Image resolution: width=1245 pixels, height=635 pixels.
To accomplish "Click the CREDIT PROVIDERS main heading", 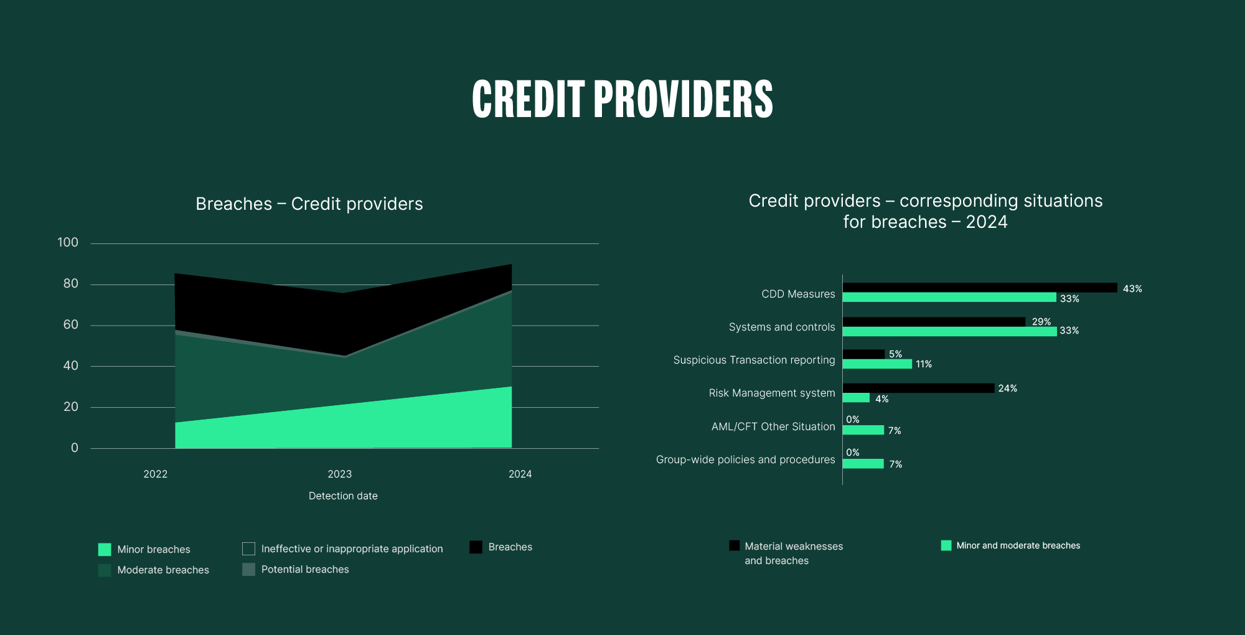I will click(622, 99).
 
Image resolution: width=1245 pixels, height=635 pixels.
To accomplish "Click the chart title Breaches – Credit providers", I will click(309, 204).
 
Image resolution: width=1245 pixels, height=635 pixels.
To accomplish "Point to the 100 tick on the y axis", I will click(68, 243).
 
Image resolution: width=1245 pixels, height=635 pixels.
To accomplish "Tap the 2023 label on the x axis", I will click(340, 474).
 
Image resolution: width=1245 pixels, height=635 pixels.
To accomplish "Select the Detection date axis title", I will click(343, 496).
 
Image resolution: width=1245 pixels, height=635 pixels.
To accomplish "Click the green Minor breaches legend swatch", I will click(105, 550).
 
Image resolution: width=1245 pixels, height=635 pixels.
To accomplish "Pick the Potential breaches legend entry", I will click(304, 570).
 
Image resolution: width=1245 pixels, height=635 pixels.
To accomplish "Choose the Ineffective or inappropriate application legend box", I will click(248, 548).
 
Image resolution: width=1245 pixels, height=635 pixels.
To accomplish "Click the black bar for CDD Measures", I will click(979, 288).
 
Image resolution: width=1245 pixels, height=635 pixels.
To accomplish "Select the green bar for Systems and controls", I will click(949, 331).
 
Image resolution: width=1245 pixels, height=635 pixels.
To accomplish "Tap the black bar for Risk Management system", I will click(918, 388).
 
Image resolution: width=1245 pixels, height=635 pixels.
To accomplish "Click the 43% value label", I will click(1132, 289).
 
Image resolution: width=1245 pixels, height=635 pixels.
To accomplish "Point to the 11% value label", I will click(924, 364).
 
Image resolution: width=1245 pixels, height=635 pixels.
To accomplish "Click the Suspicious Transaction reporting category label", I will click(754, 360).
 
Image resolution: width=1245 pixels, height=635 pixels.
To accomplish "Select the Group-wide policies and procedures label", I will click(745, 460).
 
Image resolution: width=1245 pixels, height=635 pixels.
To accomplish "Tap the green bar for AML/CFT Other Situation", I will click(863, 430).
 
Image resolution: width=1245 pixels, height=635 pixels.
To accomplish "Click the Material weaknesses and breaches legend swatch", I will click(735, 546).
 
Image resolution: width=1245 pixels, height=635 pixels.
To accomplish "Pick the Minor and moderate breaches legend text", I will click(1018, 546).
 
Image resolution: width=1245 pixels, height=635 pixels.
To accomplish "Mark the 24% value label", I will click(1007, 388).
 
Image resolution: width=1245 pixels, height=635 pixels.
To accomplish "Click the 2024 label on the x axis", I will click(520, 474).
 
